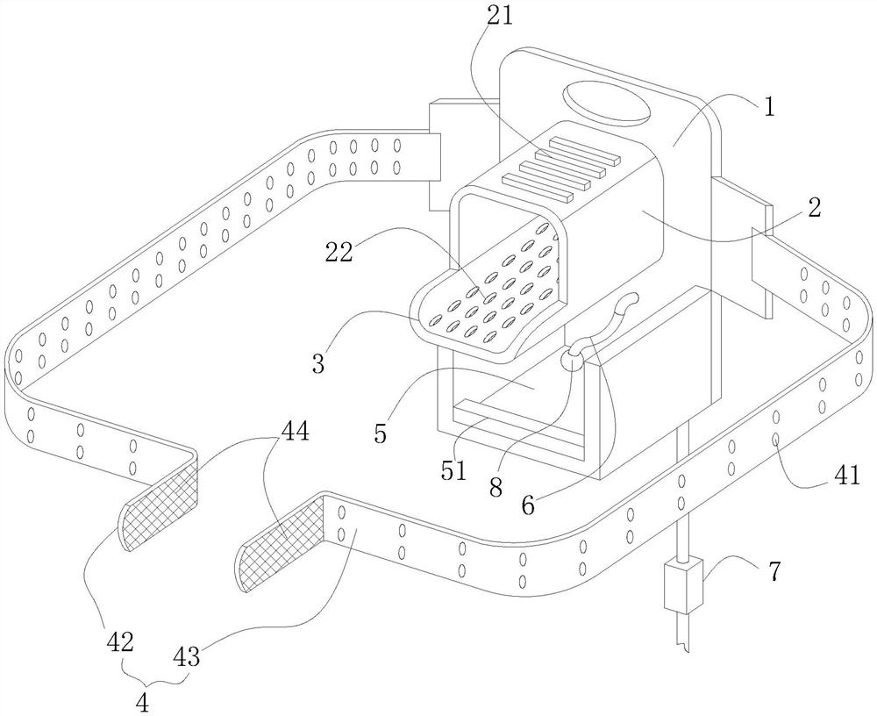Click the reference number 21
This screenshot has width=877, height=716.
[x=500, y=16]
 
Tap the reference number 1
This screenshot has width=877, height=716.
[x=770, y=106]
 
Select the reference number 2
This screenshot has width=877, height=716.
[x=815, y=208]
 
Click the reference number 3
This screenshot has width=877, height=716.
[x=318, y=364]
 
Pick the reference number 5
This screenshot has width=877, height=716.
[x=381, y=433]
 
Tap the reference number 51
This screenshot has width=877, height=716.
[x=453, y=471]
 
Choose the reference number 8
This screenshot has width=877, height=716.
[x=496, y=487]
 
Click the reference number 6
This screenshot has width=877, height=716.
[x=529, y=505]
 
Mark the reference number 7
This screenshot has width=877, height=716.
[x=774, y=571]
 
